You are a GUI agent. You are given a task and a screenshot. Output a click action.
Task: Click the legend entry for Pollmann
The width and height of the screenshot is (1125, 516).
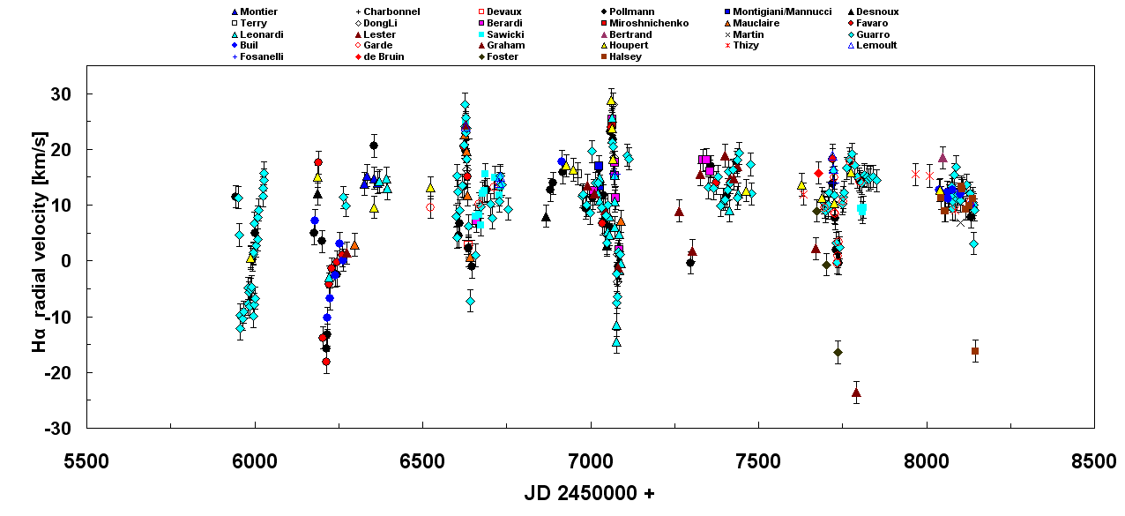[x=631, y=11]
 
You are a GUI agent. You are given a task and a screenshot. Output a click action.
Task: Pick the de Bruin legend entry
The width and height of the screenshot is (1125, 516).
[x=384, y=56]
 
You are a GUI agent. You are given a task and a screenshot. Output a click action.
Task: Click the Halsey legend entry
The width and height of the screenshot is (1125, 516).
[x=625, y=56]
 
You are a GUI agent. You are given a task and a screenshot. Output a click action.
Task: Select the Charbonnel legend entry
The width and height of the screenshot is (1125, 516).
[x=391, y=11]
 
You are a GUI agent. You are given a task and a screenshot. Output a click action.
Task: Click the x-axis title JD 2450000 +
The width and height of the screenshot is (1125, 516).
[x=590, y=493]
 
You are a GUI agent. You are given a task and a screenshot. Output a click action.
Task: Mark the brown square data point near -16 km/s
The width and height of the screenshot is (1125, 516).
[x=975, y=351]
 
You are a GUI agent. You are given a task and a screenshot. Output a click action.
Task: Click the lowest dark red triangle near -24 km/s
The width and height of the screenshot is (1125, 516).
[x=856, y=393]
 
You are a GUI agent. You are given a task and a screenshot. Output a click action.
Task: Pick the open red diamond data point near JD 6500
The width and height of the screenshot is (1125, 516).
[x=430, y=207]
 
